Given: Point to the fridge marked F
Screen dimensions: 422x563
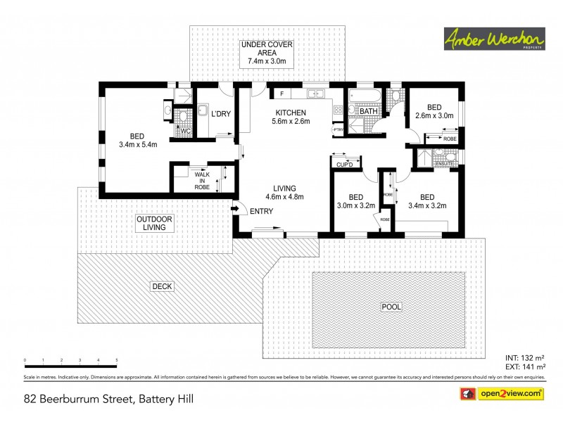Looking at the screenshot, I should point(281,94).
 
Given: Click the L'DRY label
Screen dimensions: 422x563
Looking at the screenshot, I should point(221,114).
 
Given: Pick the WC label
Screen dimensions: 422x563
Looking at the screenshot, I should point(186,131).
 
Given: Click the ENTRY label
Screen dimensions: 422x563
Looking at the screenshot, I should point(261,212).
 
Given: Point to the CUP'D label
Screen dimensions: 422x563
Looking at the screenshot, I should point(344,165).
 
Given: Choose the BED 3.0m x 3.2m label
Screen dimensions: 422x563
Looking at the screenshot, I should point(356,201).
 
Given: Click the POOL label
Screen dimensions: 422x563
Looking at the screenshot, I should point(390,307).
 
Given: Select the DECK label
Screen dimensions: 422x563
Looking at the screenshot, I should point(162,286).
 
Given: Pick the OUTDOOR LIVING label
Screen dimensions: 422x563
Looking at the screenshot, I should point(154,223).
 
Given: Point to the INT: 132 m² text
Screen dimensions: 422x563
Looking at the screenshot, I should point(526,358).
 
